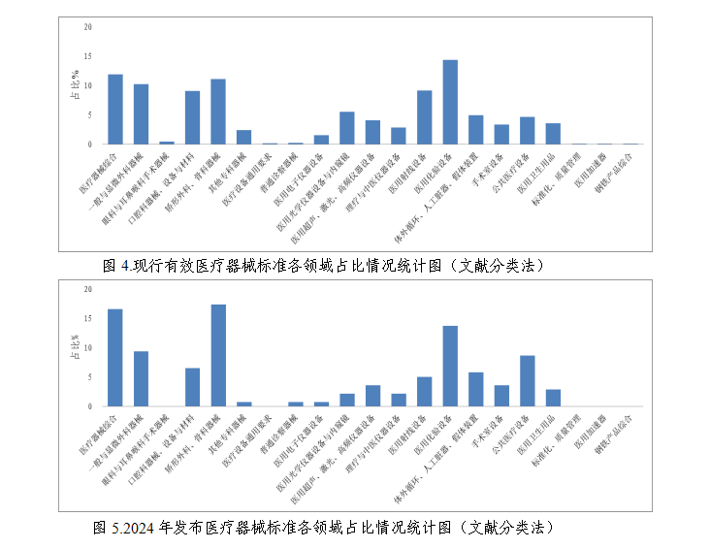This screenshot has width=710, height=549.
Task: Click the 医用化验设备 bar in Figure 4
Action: tap(450, 102)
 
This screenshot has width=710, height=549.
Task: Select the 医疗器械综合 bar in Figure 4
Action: tap(115, 110)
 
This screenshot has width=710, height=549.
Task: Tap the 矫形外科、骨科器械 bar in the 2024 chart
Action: tap(218, 355)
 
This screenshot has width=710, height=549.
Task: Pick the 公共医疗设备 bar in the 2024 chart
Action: tap(527, 380)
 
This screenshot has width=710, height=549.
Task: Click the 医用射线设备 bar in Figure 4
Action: tap(424, 117)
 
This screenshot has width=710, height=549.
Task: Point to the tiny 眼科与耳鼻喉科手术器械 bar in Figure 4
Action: tap(167, 143)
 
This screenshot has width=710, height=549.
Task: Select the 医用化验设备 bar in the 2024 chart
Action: tap(450, 366)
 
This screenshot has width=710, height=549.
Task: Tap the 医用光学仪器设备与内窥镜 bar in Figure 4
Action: tap(346, 128)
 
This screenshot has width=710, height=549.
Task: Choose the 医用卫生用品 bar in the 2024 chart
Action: tap(553, 398)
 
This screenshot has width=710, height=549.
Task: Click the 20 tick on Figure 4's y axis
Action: tap(88, 27)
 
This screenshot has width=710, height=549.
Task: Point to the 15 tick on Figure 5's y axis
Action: tap(88, 318)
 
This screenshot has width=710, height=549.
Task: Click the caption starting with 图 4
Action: tap(321, 265)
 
